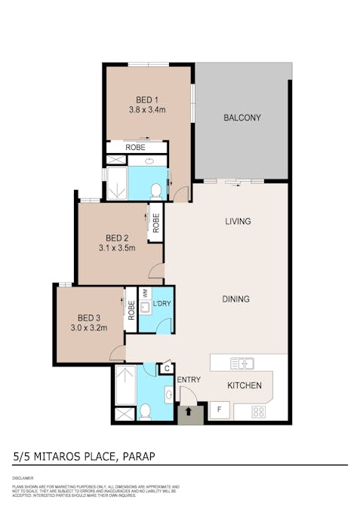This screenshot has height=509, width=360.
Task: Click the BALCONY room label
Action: [x=242, y=118]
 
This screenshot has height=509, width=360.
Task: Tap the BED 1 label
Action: [x=146, y=100]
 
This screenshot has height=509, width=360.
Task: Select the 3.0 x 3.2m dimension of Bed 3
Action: [x=88, y=328]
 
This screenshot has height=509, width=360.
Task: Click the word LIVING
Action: [x=237, y=222]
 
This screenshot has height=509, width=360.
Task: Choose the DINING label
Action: [x=235, y=299]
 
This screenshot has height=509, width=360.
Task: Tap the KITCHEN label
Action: [x=245, y=386]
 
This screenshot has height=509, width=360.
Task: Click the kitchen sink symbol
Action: [x=242, y=363]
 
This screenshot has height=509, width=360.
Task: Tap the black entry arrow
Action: [x=189, y=412]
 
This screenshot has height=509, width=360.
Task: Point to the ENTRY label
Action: [x=189, y=379]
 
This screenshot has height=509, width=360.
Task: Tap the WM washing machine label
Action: [x=146, y=293]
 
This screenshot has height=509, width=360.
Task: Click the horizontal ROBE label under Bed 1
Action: [x=136, y=148]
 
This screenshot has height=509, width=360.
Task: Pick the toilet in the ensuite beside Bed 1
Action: [x=156, y=190]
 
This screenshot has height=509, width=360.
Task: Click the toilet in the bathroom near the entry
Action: [x=145, y=412]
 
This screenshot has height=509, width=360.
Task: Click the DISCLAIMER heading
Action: [x=23, y=478]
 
